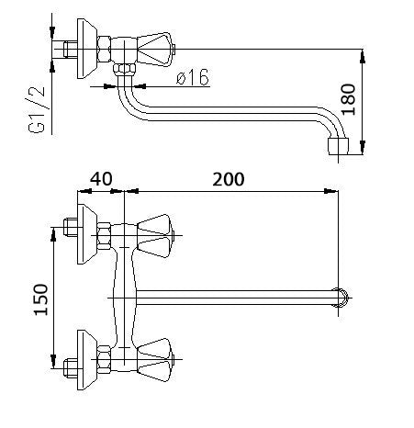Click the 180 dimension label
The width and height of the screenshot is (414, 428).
348,99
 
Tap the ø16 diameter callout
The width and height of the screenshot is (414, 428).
193,77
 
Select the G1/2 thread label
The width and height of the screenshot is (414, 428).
37,110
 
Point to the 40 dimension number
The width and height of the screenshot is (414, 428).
101,179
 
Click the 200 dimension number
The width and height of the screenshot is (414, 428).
229,179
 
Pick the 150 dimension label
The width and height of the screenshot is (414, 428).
41,299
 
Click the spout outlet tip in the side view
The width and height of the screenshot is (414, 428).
338,146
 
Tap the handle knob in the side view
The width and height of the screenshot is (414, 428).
155,49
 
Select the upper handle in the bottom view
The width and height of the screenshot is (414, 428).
155,236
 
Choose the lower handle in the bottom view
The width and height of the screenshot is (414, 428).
155,360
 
